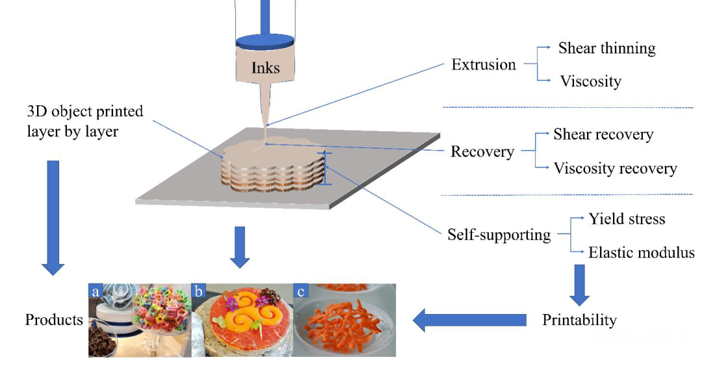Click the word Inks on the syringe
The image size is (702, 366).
point(265,68)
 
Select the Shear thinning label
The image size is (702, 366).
point(606,48)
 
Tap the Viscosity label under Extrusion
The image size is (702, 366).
point(591,81)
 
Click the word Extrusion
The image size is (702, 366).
point(484,64)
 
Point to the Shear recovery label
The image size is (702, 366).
point(603,135)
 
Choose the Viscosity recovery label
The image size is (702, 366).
point(615,168)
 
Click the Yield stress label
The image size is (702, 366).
point(627,218)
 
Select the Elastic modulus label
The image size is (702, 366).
point(641,252)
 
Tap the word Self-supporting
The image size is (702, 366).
point(499,235)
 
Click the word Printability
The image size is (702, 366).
point(579,320)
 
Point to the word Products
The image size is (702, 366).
point(54,319)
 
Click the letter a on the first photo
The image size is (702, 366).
point(96,291)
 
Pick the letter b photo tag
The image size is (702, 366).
point(199,291)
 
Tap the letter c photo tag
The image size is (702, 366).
point(301,291)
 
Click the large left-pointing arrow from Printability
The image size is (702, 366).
point(469,320)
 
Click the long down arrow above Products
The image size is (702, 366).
point(53,218)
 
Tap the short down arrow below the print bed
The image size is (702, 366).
point(239,247)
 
